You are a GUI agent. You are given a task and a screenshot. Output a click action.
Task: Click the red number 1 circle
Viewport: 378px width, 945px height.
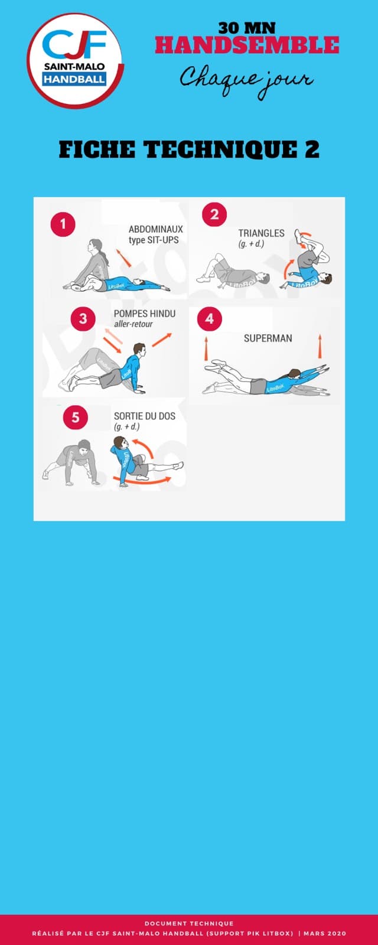coord(63,224)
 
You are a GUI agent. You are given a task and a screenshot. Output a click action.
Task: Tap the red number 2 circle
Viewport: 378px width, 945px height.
coord(214,214)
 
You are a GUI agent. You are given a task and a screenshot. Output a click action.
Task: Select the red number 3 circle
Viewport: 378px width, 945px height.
coord(83,318)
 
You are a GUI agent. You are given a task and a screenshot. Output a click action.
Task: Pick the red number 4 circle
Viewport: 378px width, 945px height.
coord(210,318)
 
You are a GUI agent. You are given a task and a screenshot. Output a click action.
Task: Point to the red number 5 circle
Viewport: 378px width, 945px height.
coord(76,417)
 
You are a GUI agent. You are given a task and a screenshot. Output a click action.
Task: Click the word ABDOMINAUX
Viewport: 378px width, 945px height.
coord(156,229)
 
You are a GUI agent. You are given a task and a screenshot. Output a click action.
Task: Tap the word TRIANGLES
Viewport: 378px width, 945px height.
coord(261,233)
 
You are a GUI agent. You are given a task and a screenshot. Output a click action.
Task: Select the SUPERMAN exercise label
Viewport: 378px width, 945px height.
coord(268,338)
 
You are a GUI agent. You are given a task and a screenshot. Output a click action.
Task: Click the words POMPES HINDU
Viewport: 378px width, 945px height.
coord(145,314)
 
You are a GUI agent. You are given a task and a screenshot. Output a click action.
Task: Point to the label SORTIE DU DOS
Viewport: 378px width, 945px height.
coord(145,416)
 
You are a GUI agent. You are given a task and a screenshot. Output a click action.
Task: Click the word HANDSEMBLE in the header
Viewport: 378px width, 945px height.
coord(247,45)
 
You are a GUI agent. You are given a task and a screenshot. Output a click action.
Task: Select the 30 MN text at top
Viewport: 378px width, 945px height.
coord(247,28)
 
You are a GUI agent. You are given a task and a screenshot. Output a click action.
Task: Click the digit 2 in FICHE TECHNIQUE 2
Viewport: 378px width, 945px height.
coord(312,149)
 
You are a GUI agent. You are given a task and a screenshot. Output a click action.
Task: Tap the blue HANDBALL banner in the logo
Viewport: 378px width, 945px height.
coord(74,79)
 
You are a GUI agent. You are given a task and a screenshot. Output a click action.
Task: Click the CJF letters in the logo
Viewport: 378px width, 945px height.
coord(74,44)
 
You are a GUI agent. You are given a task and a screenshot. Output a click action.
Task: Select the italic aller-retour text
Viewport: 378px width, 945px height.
coord(133,324)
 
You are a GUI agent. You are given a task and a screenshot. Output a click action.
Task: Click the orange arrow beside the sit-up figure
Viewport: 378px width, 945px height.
coord(123,258)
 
